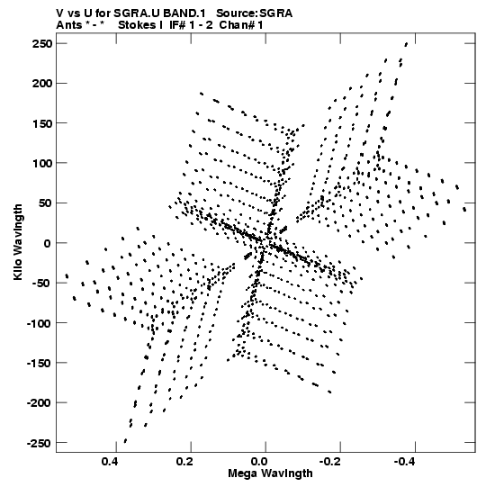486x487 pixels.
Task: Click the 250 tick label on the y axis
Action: point(42,44)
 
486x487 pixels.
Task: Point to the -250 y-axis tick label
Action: point(39,443)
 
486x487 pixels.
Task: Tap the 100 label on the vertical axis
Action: point(42,163)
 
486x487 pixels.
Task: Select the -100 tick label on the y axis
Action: point(39,324)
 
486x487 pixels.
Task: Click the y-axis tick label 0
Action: point(47,243)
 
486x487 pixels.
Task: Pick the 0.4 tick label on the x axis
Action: point(110,462)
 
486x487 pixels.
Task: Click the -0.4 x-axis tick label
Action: point(405,462)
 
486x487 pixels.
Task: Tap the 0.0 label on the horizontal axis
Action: point(259,462)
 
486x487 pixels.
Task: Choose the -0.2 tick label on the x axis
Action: point(330,462)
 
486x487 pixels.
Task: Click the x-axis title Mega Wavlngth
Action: point(270,473)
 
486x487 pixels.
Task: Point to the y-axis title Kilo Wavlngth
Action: point(18,242)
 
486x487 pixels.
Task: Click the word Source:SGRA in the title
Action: point(254,14)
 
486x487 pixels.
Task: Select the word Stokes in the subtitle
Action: point(137,25)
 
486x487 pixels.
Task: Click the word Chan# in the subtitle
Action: point(237,25)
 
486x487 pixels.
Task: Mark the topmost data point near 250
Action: point(406,44)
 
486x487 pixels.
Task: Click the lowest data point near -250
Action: point(125,441)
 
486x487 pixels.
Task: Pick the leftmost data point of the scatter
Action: point(67,275)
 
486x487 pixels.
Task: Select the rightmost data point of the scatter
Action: point(464,210)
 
